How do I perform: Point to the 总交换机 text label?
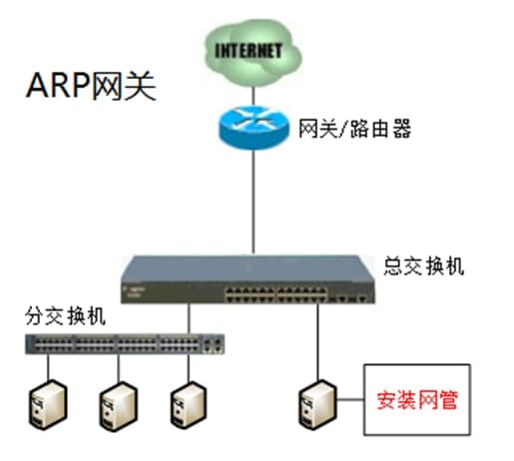[x=423, y=267]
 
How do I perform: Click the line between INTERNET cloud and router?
[x=255, y=91]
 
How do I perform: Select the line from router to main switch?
[x=255, y=200]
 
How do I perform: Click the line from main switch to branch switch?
[x=189, y=317]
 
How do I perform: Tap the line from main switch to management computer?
[x=316, y=339]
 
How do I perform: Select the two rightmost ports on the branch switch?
[x=213, y=345]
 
